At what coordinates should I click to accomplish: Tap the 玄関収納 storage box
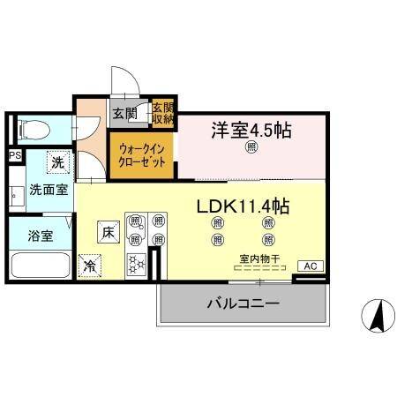point(163,112)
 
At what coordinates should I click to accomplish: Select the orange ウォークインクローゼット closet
point(142,156)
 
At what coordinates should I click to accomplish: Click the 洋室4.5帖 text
point(251,131)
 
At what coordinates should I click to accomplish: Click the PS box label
point(14,156)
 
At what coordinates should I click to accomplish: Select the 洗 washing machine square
point(57,162)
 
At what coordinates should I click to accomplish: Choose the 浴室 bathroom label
point(40,236)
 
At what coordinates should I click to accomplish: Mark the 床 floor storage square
point(107,233)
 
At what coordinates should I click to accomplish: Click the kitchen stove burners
point(138,263)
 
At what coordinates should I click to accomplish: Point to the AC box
point(310,265)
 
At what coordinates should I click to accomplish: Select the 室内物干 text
point(259,258)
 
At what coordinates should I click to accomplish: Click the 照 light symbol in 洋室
point(251,148)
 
